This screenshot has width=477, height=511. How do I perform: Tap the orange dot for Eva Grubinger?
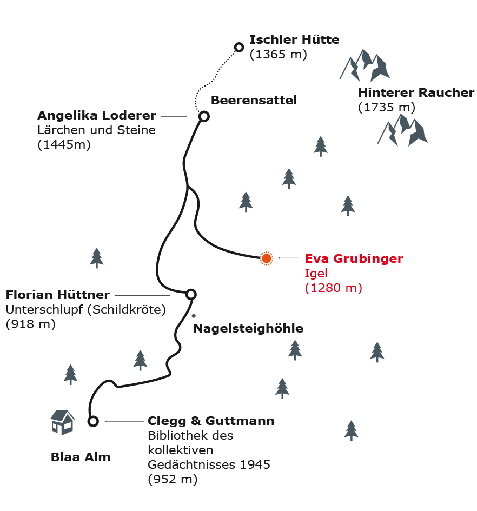pyautogui.click(x=267, y=258)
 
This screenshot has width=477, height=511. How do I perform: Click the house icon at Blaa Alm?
pyautogui.click(x=63, y=422)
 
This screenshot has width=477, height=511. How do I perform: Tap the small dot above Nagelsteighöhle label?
pyautogui.click(x=194, y=316)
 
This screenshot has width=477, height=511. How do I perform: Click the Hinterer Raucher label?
pyautogui.click(x=416, y=93)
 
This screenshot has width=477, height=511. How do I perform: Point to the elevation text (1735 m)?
pyautogui.click(x=387, y=107)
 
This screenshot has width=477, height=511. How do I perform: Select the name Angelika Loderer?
pyautogui.click(x=97, y=115)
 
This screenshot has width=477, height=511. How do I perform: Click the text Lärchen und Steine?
pyautogui.click(x=96, y=130)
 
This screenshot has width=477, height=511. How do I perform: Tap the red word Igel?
pyautogui.click(x=316, y=274)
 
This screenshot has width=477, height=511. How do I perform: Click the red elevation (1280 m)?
pyautogui.click(x=334, y=288)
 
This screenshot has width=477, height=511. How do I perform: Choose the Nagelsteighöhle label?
pyautogui.click(x=248, y=329)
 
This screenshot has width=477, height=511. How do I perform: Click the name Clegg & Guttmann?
pyautogui.click(x=211, y=421)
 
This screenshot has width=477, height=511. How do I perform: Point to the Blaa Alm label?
pyautogui.click(x=81, y=457)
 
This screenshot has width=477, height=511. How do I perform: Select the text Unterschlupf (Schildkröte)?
pyautogui.click(x=86, y=310)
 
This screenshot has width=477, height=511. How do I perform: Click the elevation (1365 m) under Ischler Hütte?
pyautogui.click(x=278, y=55)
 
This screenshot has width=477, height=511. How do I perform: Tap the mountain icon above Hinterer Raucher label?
pyautogui.click(x=365, y=65)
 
